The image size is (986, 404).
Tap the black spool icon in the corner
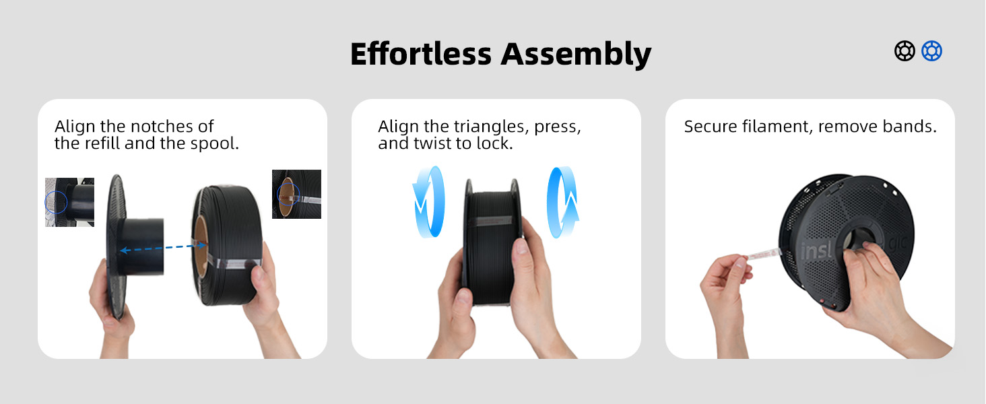pos(905,50)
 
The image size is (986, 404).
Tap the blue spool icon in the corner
pos(932,50)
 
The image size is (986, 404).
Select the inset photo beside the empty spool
pos(69,202)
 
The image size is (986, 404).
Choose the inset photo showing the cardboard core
pos(296,194)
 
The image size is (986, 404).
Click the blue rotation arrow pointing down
pos(428,202)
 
